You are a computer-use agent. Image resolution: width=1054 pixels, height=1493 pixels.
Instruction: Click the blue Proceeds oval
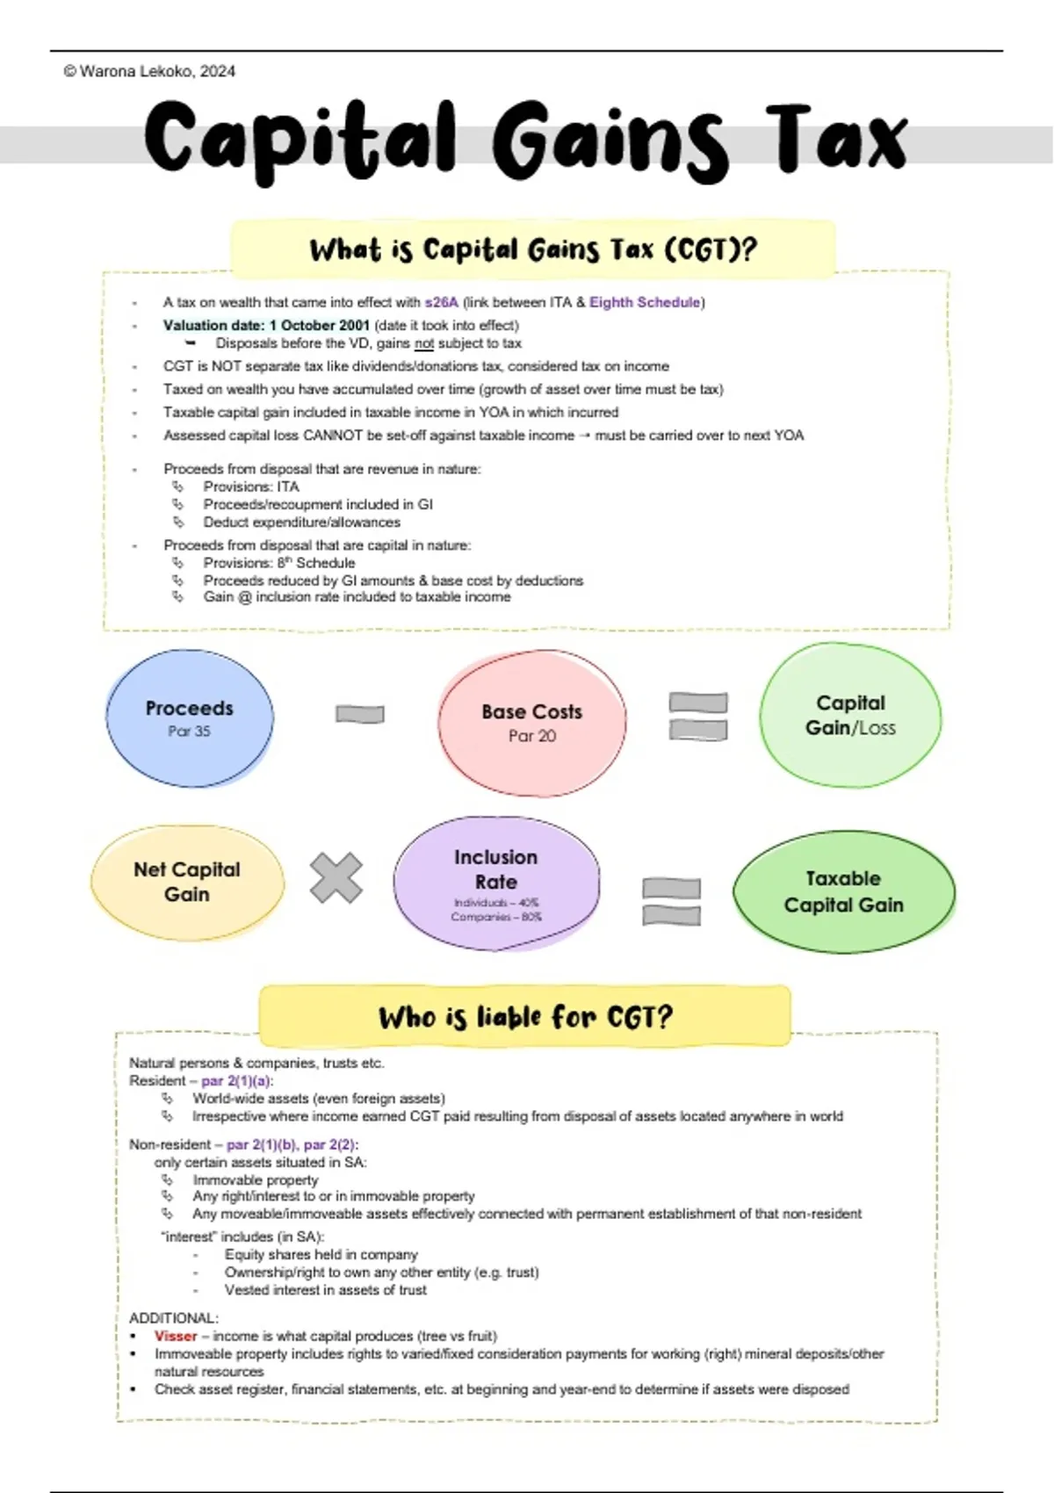click(x=190, y=718)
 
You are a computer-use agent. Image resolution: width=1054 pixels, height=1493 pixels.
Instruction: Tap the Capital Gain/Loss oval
click(x=850, y=715)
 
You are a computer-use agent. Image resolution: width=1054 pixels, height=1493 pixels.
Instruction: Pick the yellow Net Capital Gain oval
click(x=187, y=882)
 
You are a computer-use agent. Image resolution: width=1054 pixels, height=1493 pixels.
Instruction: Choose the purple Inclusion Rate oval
click(x=496, y=884)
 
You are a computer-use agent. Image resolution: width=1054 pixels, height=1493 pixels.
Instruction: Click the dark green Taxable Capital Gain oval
click(x=843, y=891)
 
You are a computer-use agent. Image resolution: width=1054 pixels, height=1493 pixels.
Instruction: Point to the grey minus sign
click(x=360, y=714)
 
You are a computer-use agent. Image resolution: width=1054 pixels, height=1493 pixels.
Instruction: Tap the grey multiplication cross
click(x=336, y=878)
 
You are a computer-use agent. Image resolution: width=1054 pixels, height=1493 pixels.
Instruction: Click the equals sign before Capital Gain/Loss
click(x=698, y=716)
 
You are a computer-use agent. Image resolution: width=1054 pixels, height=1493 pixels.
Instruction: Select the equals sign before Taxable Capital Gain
click(x=672, y=901)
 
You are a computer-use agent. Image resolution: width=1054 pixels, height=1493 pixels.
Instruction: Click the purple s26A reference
click(x=442, y=302)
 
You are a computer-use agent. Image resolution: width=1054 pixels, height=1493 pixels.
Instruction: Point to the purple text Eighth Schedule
click(x=645, y=302)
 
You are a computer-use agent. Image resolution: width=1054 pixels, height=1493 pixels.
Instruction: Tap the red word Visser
click(x=176, y=1336)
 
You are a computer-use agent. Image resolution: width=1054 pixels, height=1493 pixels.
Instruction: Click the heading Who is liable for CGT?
click(x=525, y=1017)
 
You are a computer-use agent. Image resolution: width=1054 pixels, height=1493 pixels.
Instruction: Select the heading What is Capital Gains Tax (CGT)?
click(x=532, y=249)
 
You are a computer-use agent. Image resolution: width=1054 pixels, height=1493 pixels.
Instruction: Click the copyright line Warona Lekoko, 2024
click(x=149, y=72)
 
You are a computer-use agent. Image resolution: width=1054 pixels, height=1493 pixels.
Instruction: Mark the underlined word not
click(x=424, y=343)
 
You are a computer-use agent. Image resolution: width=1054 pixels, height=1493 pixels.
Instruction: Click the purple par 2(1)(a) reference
click(x=237, y=1081)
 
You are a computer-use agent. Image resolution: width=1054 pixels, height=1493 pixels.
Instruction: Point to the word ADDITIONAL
click(x=173, y=1318)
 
